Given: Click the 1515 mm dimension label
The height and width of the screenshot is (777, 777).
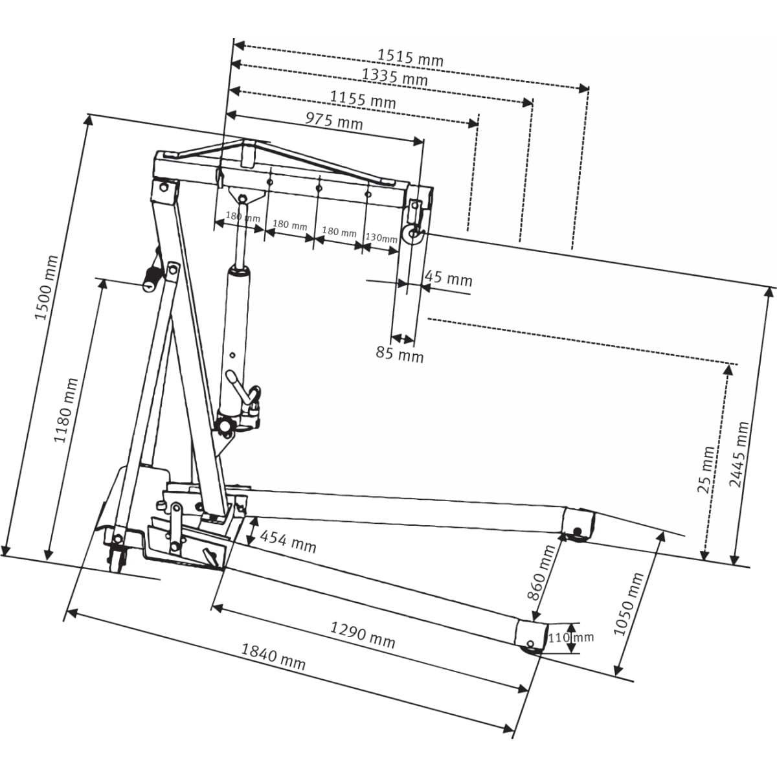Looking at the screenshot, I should click(411, 58).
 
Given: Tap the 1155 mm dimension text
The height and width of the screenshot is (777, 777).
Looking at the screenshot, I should click(363, 100).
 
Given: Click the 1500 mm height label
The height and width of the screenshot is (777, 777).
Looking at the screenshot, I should click(46, 288).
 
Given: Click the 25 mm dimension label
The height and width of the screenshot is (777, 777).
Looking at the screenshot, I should click(706, 469).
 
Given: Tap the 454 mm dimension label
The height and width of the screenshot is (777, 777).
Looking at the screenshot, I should click(287, 541).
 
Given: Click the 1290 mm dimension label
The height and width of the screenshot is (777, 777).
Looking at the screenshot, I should click(363, 634).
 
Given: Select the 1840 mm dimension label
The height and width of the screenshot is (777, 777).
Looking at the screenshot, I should click(273, 657).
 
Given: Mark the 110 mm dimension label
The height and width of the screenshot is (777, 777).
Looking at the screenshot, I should click(570, 638).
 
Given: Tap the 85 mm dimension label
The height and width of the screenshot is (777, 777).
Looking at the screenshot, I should click(400, 354).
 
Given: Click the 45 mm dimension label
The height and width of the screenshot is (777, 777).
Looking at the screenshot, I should click(448, 278).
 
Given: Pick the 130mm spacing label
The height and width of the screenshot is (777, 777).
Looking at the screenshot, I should click(381, 238).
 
